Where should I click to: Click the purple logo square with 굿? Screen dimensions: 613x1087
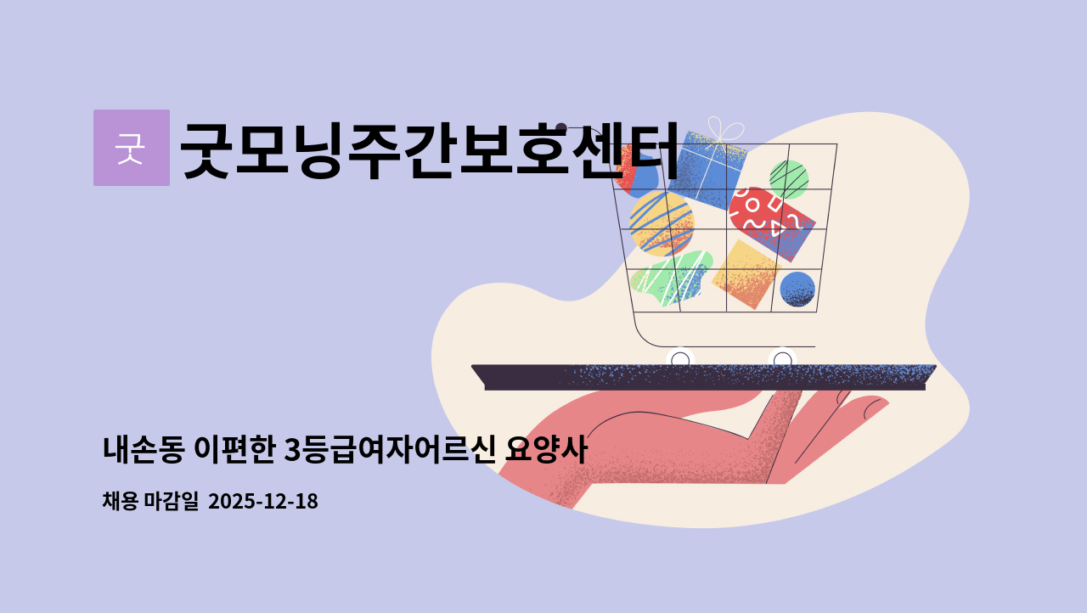click(x=131, y=148)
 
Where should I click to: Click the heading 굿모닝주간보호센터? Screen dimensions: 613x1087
click(x=430, y=150)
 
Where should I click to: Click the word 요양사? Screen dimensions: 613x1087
click(x=545, y=450)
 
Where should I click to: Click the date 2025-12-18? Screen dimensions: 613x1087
click(x=262, y=502)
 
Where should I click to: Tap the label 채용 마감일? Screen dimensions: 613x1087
click(x=150, y=502)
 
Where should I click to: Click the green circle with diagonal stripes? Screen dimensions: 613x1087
click(x=789, y=179)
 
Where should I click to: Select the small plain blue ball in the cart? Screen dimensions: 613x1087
click(x=797, y=289)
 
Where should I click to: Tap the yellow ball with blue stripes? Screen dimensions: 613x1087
click(x=662, y=223)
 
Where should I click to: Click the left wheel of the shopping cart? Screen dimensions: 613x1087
click(x=680, y=360)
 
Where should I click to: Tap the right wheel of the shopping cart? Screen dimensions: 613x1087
click(x=782, y=360)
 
